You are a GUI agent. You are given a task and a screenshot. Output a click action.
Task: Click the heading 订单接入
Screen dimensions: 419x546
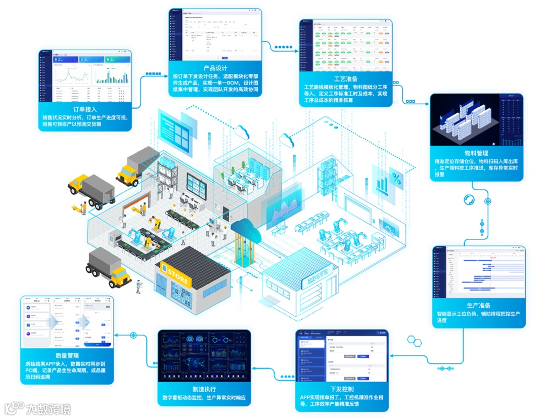coord(85,109)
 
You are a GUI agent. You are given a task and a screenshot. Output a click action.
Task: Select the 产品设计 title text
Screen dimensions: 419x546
coord(215,68)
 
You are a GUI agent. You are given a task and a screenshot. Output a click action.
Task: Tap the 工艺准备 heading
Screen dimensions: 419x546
coord(346,79)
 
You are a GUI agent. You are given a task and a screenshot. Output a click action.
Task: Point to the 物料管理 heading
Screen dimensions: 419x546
coord(476,153)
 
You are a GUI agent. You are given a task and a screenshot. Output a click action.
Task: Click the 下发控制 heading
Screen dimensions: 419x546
coord(342,389)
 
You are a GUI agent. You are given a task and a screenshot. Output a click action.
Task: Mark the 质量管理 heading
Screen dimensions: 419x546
coord(67,355)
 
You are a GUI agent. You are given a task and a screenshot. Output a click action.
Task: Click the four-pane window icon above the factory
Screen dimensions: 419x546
coord(174,125)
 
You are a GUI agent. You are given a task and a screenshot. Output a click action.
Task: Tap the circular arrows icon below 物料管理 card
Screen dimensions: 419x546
coord(469,199)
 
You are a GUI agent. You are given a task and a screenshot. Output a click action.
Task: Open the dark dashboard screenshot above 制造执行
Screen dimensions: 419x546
coord(204,355)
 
